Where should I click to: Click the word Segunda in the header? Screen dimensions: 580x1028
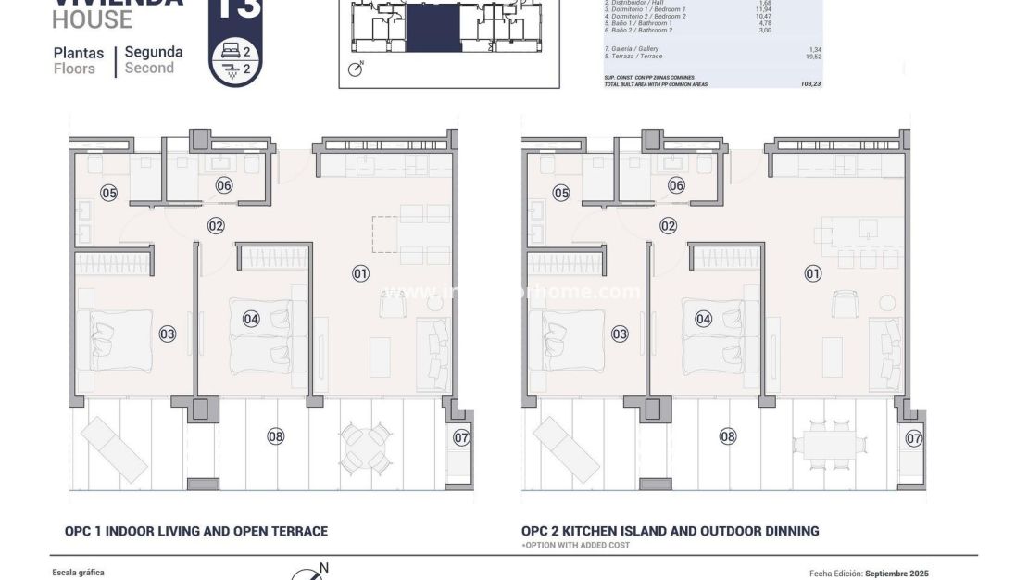[x=154, y=52]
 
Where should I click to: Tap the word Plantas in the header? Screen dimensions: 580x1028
[x=78, y=53]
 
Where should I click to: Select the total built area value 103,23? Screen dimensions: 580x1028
[x=810, y=83]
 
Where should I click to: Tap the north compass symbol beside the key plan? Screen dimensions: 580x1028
[x=356, y=69]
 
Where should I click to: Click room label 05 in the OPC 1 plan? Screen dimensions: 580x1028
[x=109, y=193]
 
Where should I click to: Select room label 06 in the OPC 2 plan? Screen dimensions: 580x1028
[x=676, y=185]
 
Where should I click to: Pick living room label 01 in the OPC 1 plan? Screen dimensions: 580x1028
[x=360, y=273]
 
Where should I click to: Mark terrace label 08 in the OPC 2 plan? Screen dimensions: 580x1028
[x=728, y=436]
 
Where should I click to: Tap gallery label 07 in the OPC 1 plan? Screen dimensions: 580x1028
[x=461, y=438]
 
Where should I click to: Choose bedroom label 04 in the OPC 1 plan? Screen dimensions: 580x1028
[x=251, y=319]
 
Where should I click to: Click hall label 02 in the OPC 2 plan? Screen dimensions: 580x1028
[x=669, y=225]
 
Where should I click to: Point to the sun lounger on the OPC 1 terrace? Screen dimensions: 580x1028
[x=110, y=449]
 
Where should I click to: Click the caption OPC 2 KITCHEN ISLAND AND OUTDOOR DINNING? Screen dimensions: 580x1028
[x=670, y=531]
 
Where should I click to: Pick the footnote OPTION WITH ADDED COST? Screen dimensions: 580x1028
[x=576, y=545]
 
